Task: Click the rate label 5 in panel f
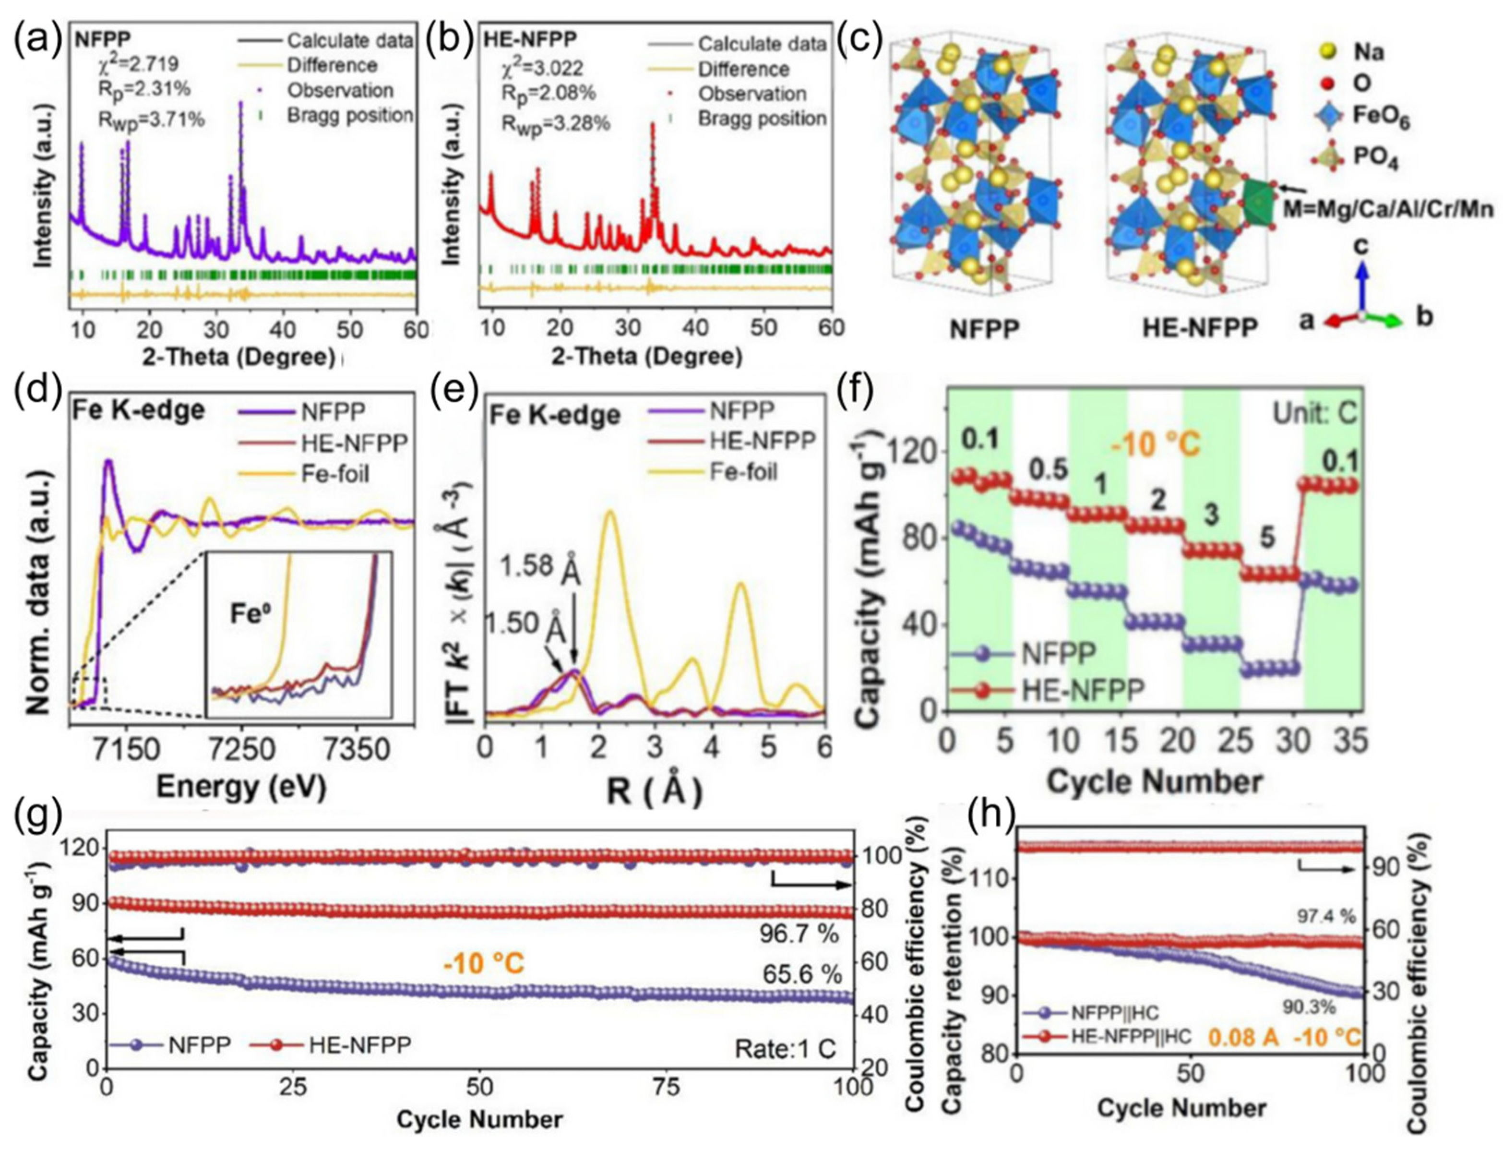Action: (1267, 539)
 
